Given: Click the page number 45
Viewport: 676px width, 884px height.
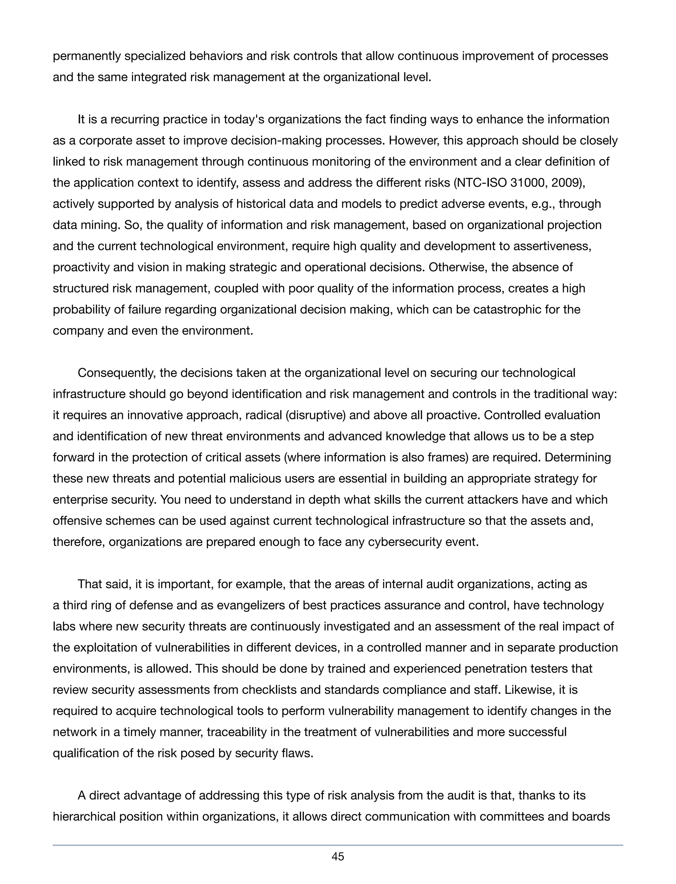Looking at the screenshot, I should coord(338,857).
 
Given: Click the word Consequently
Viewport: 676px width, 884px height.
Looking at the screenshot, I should coord(117,373).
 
